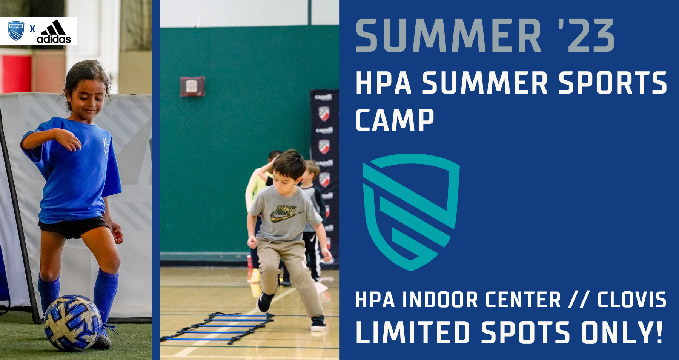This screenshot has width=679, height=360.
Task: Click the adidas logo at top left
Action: tap(54, 31)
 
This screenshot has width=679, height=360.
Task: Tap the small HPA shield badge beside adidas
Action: tap(16, 31)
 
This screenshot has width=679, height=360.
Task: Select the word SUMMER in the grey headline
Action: tap(449, 35)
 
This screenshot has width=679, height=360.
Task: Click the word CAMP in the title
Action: tap(395, 120)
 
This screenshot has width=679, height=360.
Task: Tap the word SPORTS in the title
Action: tap(613, 83)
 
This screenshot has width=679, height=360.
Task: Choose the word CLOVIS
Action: tap(632, 300)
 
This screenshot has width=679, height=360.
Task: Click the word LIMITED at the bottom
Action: tap(413, 332)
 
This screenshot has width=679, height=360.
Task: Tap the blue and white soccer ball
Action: tap(72, 323)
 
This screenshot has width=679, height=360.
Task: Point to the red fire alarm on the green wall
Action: tap(192, 86)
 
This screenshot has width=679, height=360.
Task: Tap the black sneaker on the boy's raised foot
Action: tap(265, 302)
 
